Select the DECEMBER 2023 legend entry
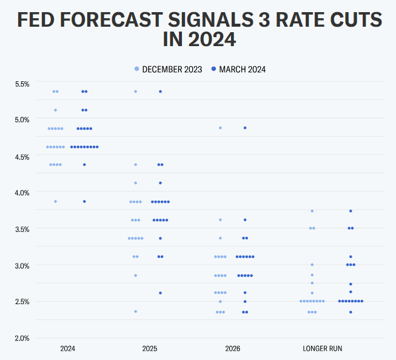click(169, 69)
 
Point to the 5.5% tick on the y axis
click(22, 83)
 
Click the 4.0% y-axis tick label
click(22, 192)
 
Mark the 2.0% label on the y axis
click(22, 338)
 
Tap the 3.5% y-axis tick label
click(22, 229)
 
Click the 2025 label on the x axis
click(149, 349)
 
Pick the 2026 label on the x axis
click(233, 349)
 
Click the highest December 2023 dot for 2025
click(135, 92)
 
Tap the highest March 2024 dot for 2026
click(245, 128)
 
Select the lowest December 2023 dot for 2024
click(55, 202)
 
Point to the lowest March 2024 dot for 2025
click(160, 293)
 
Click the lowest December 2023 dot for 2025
click(135, 311)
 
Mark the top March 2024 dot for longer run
click(351, 211)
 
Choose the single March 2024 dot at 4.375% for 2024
click(84, 165)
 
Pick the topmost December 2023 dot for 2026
click(220, 128)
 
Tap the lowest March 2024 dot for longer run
click(351, 312)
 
